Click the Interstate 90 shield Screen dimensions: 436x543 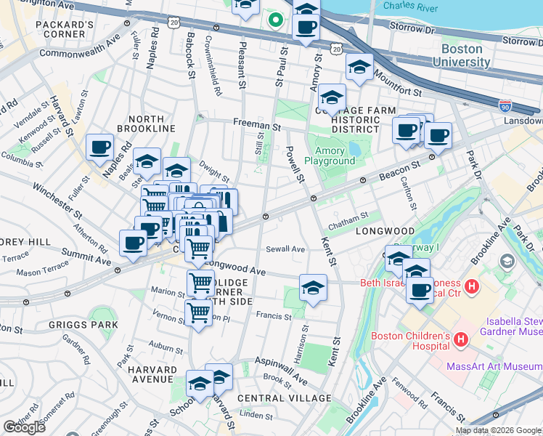[x=505, y=107]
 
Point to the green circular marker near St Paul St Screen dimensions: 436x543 [x=274, y=19]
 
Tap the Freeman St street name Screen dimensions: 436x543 [x=256, y=125]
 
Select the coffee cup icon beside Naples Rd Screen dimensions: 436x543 [x=99, y=146]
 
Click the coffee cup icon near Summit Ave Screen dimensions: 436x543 [x=133, y=242]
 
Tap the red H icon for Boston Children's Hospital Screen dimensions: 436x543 [x=460, y=339]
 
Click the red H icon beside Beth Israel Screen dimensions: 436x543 [x=472, y=287]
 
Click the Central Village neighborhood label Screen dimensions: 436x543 [x=284, y=398]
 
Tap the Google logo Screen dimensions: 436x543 [x=24, y=427]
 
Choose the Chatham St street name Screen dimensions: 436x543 [x=348, y=215]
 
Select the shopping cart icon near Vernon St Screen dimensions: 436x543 [x=198, y=313]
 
